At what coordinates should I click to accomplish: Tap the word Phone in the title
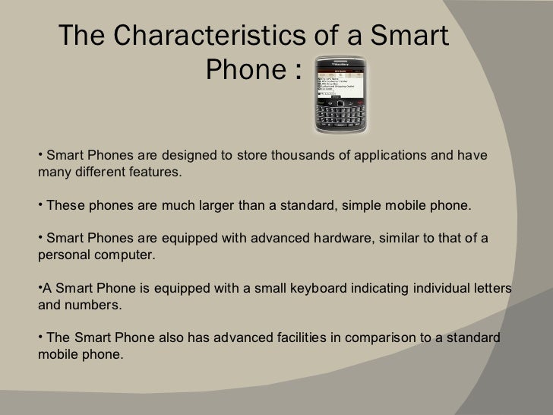click(x=244, y=73)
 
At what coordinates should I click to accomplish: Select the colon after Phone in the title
click(x=294, y=74)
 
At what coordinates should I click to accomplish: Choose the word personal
click(x=62, y=255)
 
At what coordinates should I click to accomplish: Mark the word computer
click(x=128, y=255)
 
